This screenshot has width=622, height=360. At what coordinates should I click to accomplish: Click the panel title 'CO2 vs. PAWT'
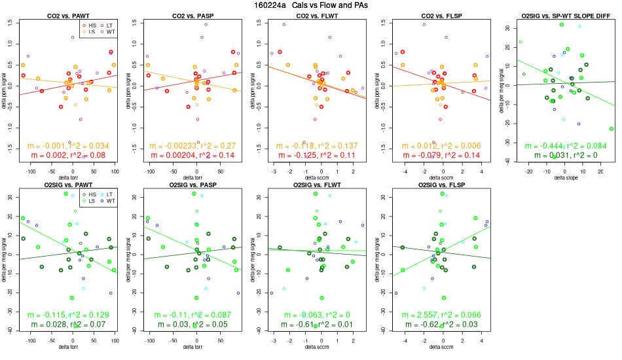click(x=71, y=14)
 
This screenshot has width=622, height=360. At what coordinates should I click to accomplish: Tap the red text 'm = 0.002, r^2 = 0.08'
click(x=71, y=155)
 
